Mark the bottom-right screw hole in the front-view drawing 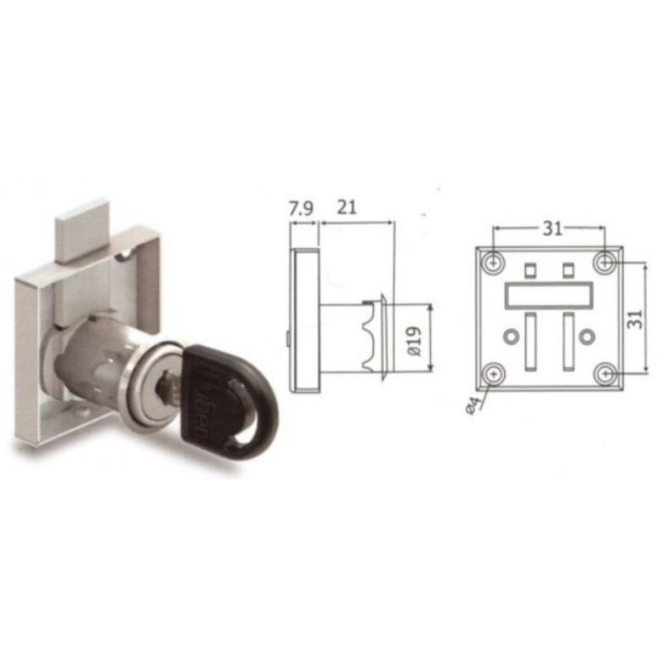[604, 373]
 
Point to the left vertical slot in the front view [529, 340]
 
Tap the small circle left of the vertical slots [510, 336]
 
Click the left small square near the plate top [530, 268]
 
